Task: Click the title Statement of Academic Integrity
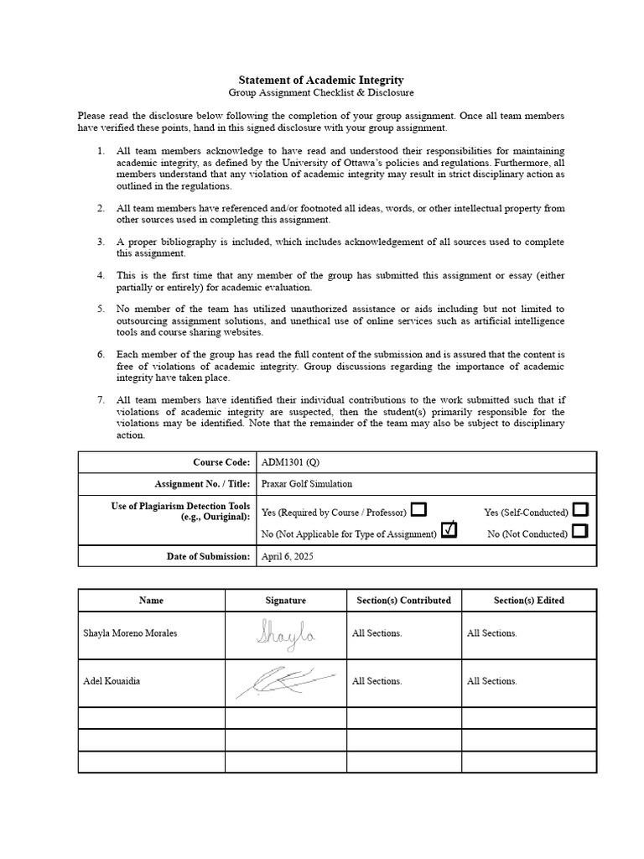(322, 80)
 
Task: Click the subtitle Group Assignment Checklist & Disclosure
(322, 93)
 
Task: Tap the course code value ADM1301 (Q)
(290, 462)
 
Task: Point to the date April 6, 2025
(286, 556)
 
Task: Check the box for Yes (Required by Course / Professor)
(419, 510)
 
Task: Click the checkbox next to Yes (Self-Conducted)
(580, 510)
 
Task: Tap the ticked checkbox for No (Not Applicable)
(449, 530)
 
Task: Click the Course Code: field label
(221, 462)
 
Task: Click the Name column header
(152, 601)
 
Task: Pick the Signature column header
(286, 601)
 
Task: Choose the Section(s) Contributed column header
(404, 601)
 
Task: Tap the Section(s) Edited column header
(529, 601)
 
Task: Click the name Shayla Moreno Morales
(130, 633)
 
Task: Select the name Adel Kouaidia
(112, 681)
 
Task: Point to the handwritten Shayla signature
(286, 634)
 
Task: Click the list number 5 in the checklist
(100, 309)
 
